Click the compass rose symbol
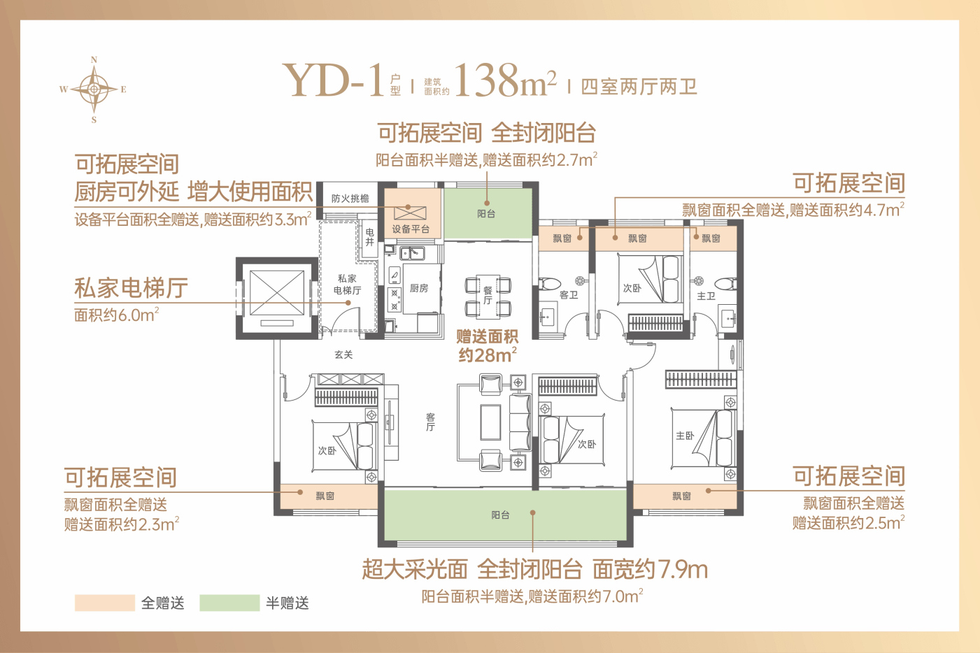94,89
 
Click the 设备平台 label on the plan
411,229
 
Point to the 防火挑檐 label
350,199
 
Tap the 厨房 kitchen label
419,288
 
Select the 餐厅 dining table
488,296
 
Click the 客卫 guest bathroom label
568,295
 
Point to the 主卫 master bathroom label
706,296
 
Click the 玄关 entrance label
343,354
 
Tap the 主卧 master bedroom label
685,435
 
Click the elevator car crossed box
277,293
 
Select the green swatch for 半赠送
229,603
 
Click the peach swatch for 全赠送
104,603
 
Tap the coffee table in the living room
490,422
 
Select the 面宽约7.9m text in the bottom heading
650,570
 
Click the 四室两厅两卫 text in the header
639,87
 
